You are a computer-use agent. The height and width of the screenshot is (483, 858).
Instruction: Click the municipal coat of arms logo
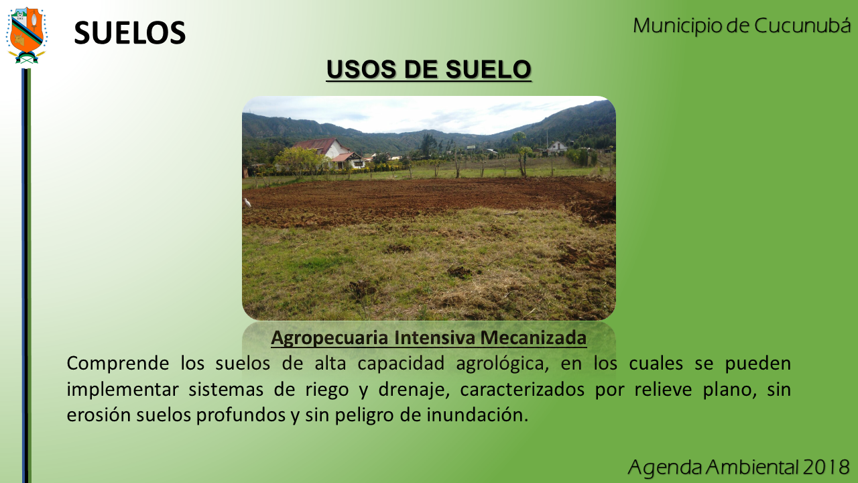click(26, 36)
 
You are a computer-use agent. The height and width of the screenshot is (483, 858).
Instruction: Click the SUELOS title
click(130, 33)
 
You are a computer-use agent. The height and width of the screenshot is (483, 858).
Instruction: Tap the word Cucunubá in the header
click(802, 25)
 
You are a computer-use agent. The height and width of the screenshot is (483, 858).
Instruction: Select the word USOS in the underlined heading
click(361, 69)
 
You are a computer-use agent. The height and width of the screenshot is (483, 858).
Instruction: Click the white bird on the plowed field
click(247, 203)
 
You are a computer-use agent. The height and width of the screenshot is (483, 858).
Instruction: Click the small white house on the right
click(556, 148)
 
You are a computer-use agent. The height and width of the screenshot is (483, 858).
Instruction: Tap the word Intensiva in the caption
click(434, 337)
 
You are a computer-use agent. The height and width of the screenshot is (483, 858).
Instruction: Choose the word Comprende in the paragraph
click(117, 364)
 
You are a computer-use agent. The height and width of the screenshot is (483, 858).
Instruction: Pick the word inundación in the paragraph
click(477, 415)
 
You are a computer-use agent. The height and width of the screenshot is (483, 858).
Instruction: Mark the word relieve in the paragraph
click(663, 390)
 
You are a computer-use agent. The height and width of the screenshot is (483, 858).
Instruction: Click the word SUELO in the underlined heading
click(489, 69)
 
